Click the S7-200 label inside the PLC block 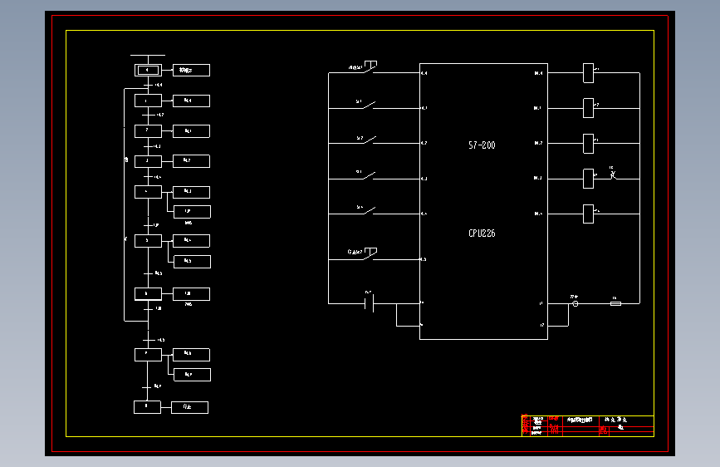tap(482, 145)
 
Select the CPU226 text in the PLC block tap(482, 233)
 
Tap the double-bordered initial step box tap(147, 70)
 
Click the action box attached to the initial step tap(190, 70)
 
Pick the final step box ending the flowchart tap(147, 407)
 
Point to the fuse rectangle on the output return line tap(615, 303)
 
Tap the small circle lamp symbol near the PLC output tap(576, 303)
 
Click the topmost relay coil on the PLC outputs tap(589, 73)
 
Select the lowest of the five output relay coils tap(589, 214)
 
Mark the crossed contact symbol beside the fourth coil tap(612, 175)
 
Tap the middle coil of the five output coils tap(589, 143)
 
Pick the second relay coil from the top tap(589, 108)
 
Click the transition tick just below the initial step tap(147, 85)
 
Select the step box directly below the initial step tap(147, 101)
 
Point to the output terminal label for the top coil tap(538, 73)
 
